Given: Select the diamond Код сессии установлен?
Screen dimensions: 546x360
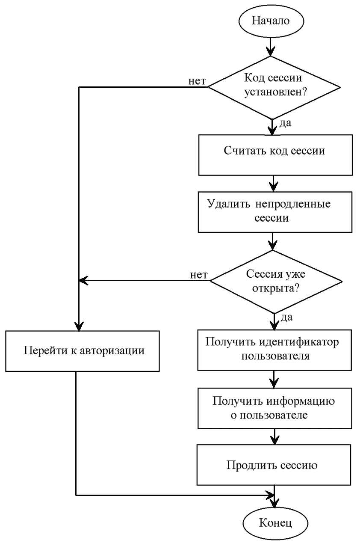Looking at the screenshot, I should click(274, 87).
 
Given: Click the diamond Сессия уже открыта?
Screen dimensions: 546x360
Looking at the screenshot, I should click(276, 281).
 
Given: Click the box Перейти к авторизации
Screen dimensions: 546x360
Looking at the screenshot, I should click(83, 351).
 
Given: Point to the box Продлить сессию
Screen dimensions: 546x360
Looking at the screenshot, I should click(273, 465).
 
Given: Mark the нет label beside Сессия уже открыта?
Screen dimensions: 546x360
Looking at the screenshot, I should click(199, 274).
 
